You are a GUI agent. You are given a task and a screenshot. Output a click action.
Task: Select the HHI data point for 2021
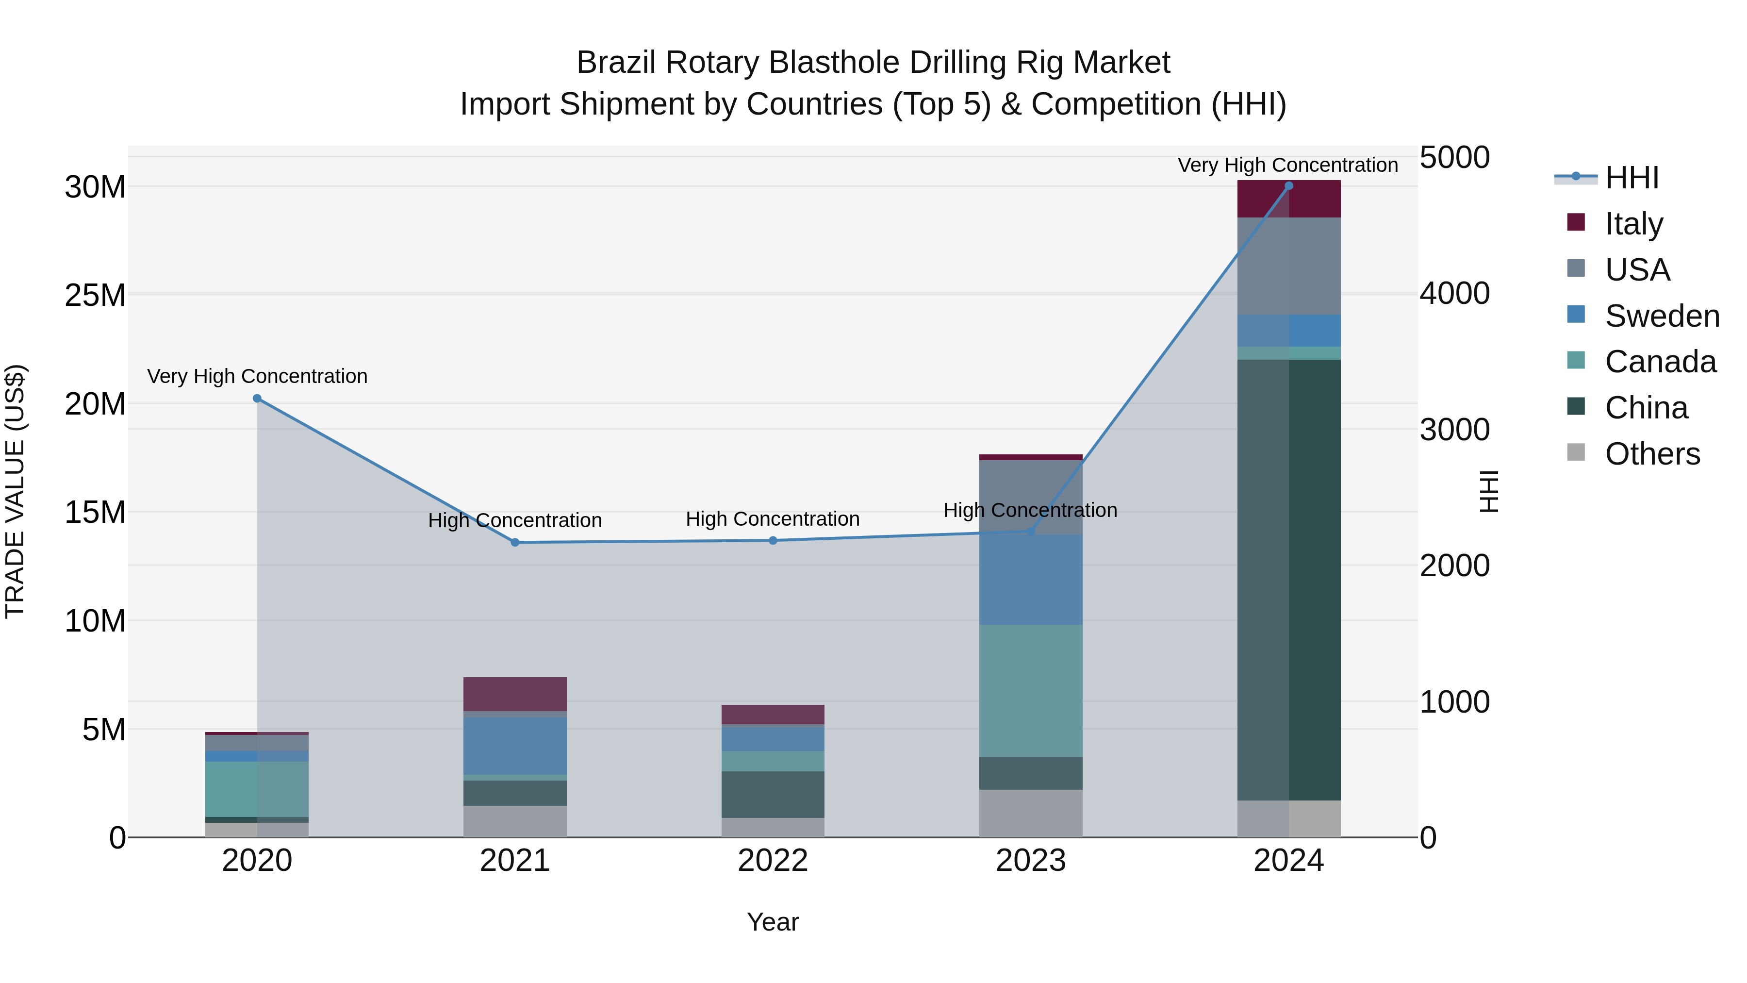[x=515, y=543]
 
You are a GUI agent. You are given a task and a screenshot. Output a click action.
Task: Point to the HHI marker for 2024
[x=1288, y=186]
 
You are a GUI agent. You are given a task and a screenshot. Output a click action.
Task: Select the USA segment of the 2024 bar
[x=1288, y=266]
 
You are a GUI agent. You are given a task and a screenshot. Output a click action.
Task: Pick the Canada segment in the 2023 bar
[x=1030, y=691]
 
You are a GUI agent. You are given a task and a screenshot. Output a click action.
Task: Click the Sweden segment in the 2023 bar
[x=1030, y=580]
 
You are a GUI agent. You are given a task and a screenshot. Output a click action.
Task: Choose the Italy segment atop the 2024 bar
[x=1288, y=199]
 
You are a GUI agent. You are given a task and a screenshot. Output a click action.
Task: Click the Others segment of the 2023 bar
[x=1030, y=814]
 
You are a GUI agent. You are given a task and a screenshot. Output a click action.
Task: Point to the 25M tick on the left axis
[x=95, y=296]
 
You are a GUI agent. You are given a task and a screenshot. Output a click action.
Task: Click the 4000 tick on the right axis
[x=1455, y=293]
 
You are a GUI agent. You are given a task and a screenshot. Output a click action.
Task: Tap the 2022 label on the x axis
[x=773, y=861]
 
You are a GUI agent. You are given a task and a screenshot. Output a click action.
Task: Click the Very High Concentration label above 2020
[x=257, y=376]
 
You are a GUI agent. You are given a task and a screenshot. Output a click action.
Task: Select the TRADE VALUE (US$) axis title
[x=15, y=491]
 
